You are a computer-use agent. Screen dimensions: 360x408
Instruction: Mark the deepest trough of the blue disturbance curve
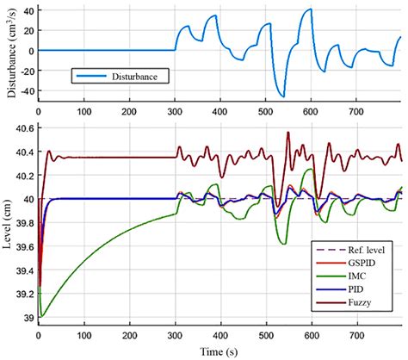[282, 96]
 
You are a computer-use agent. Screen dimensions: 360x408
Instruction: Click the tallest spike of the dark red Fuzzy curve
[287, 133]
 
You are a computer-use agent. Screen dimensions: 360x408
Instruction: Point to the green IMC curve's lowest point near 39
[41, 316]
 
